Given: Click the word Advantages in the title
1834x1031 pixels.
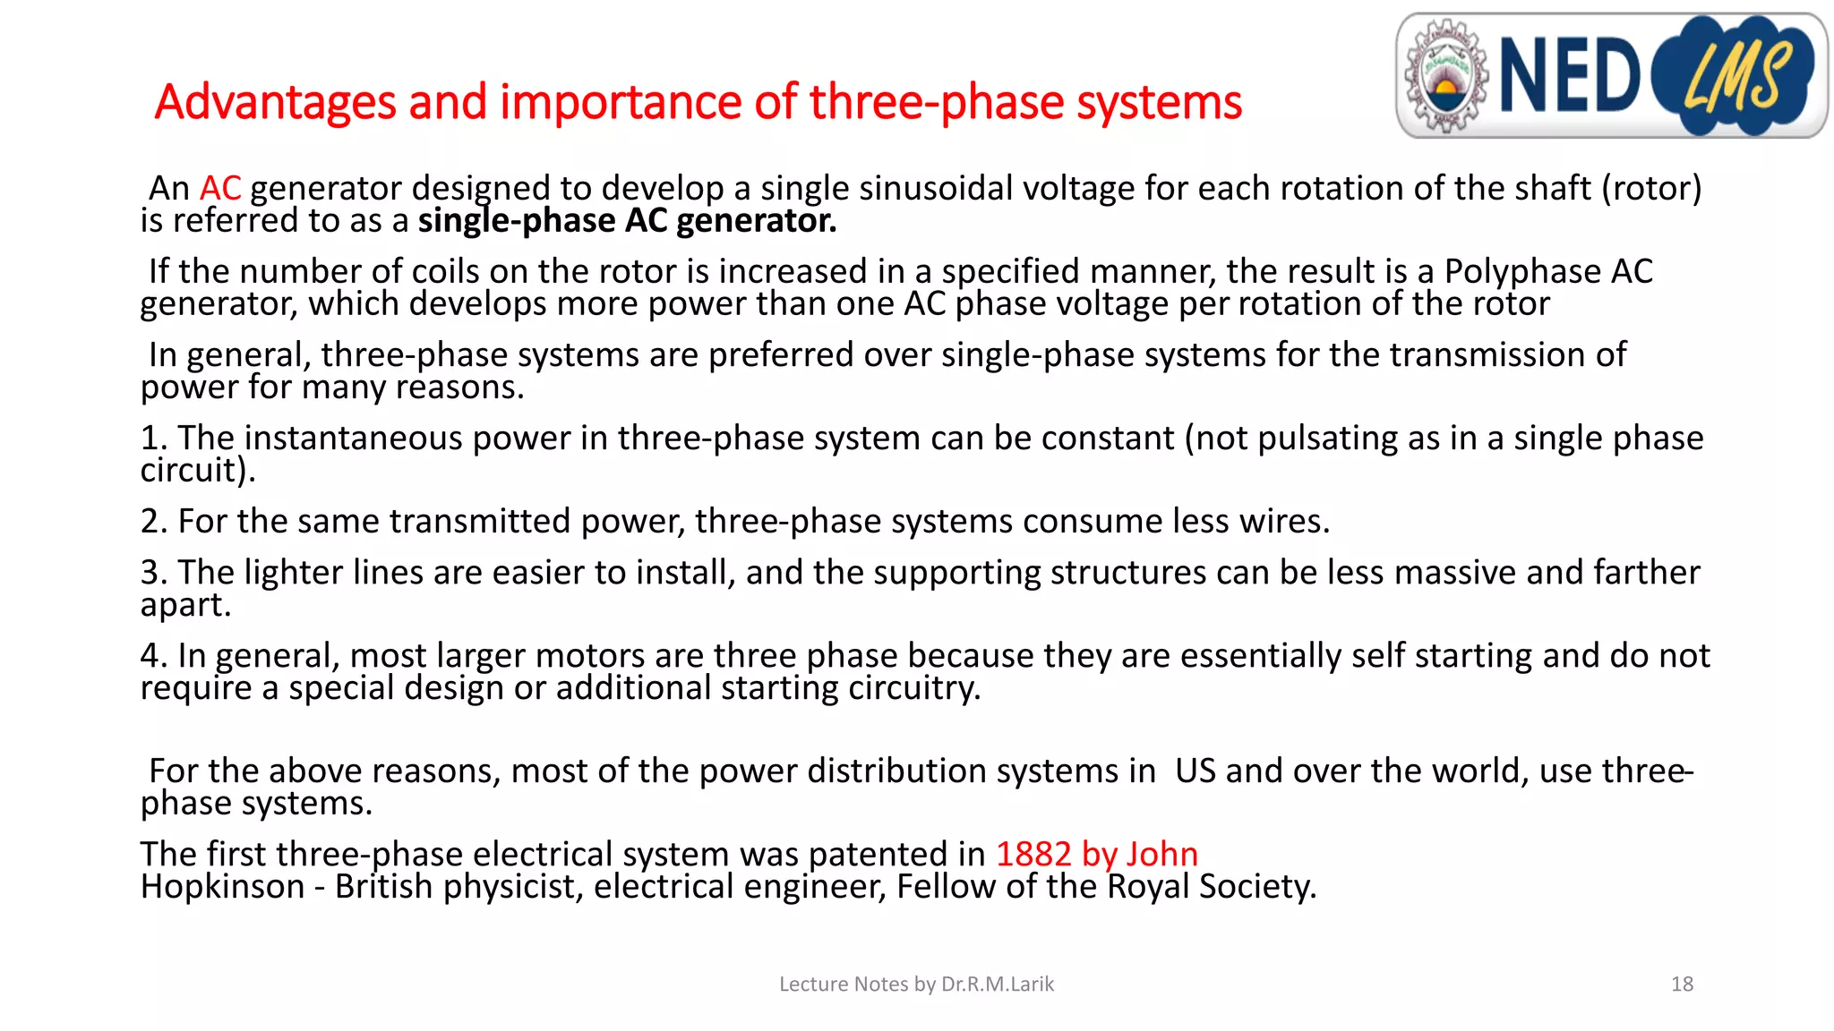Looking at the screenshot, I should pos(275,102).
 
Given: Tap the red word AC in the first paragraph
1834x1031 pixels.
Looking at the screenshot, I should pos(220,189).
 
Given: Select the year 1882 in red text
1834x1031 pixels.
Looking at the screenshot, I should pos(1033,855).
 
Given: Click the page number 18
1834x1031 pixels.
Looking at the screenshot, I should pos(1682,984).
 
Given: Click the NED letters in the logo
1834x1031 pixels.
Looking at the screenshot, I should pos(1569,76).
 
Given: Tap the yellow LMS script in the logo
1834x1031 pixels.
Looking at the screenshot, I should pos(1737,77).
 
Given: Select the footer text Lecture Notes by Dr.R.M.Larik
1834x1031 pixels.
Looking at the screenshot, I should pos(916,984).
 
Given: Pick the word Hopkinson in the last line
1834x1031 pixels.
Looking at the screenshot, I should pos(223,887).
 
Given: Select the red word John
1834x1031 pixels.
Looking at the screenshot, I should pos(1161,855).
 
